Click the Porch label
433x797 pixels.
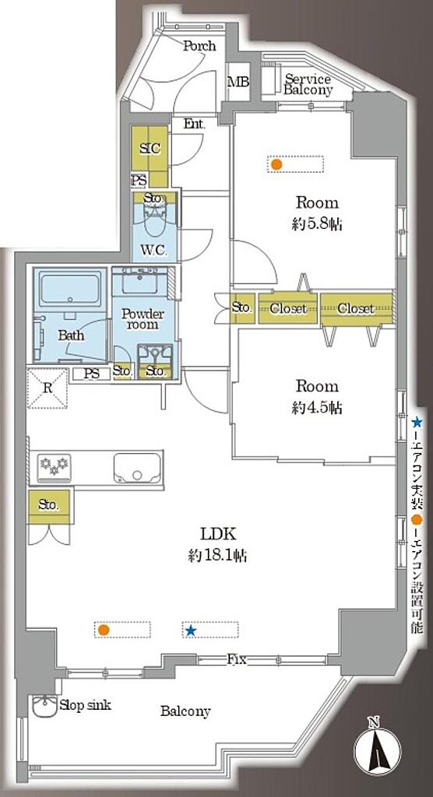(x=199, y=46)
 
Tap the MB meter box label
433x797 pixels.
(x=238, y=81)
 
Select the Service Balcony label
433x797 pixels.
(x=308, y=85)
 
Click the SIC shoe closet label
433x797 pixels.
(x=150, y=149)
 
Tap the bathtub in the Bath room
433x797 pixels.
(x=70, y=290)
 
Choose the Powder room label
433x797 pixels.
(x=143, y=318)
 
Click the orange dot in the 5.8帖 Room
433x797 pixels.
(x=276, y=164)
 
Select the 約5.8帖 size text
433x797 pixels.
(x=316, y=224)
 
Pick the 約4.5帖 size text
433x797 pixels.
(x=316, y=408)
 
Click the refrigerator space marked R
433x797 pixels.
(x=48, y=389)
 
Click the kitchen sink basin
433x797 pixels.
(x=137, y=468)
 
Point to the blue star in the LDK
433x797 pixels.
(x=191, y=630)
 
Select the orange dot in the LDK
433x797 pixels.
(x=104, y=630)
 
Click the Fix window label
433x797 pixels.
(x=237, y=660)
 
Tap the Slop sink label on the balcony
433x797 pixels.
(x=85, y=705)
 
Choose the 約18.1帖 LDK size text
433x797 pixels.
(x=217, y=556)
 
